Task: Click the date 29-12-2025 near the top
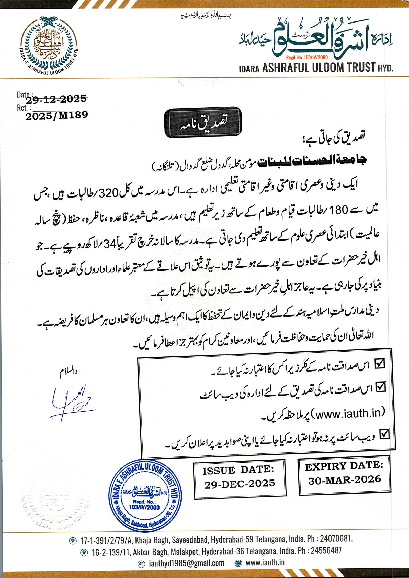[56, 99]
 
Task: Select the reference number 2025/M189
[57, 116]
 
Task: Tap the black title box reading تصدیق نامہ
[203, 123]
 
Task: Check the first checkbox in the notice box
[380, 364]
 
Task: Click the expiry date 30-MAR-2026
[345, 480]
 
